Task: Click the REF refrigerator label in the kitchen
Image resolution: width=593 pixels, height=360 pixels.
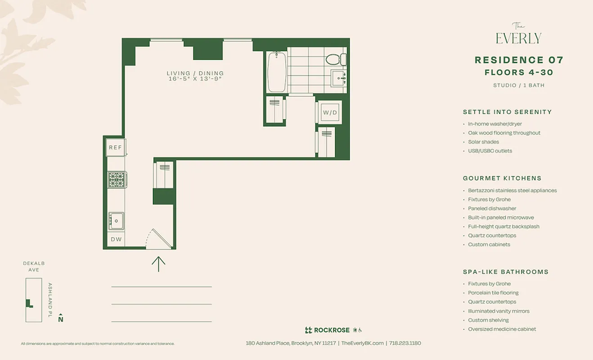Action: click(116, 148)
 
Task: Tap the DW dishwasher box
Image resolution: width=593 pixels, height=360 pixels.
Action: click(116, 239)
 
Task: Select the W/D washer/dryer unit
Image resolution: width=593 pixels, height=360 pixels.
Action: click(330, 112)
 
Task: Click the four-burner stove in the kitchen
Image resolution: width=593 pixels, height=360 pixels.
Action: click(116, 180)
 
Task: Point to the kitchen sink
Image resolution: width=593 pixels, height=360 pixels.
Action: click(116, 220)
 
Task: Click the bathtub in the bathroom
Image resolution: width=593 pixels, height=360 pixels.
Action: click(276, 71)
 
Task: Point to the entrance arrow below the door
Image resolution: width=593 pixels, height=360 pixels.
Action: click(158, 264)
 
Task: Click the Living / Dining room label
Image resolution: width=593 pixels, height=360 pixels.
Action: click(195, 73)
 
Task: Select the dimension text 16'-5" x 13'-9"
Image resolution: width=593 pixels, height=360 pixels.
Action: click(195, 79)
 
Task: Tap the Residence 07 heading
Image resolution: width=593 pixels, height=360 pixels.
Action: click(519, 60)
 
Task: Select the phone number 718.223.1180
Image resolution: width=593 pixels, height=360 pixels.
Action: click(405, 343)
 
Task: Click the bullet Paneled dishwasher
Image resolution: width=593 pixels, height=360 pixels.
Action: click(492, 208)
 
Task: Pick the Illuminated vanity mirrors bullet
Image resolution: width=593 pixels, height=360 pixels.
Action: click(499, 311)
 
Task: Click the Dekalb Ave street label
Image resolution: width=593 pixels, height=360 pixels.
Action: click(34, 266)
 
